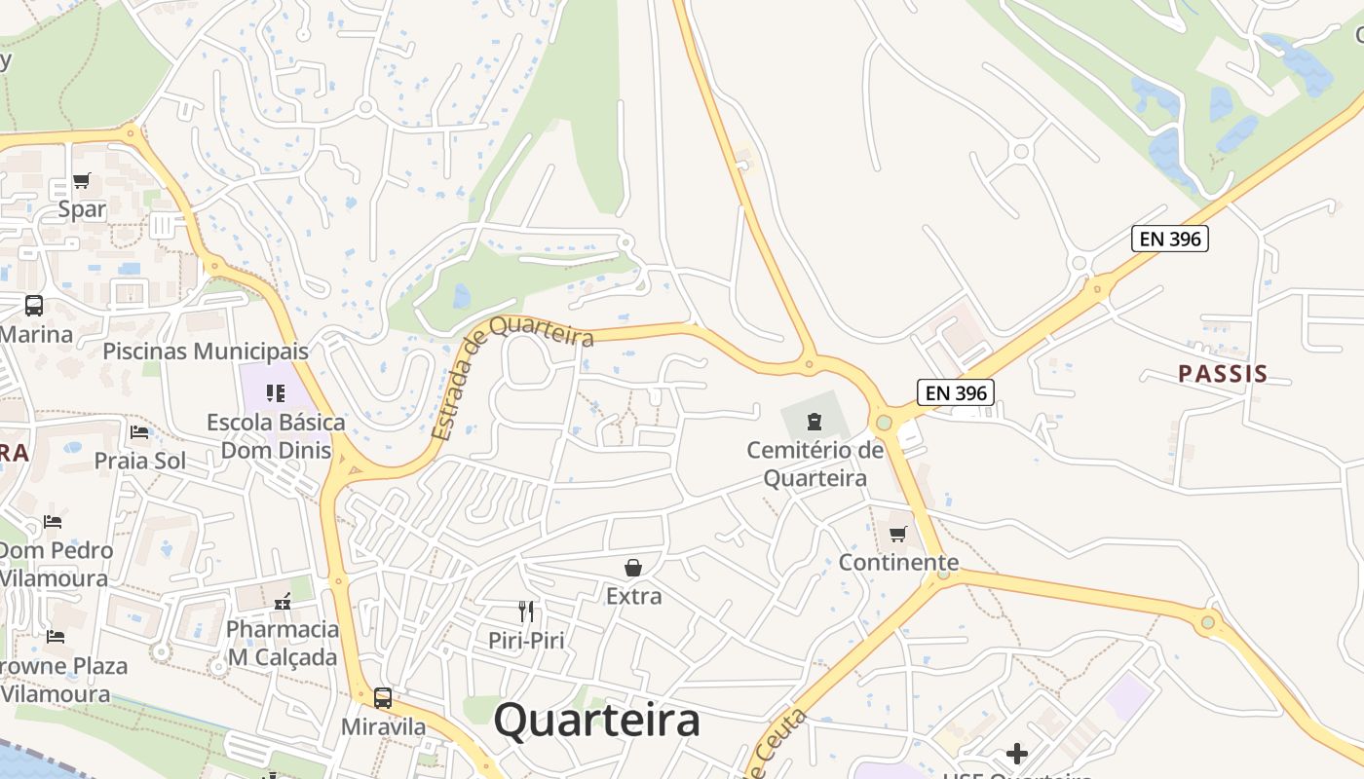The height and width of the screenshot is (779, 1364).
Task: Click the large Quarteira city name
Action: tap(596, 722)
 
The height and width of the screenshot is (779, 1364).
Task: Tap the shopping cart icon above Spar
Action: tap(82, 181)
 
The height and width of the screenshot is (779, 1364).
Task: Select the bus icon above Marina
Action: tap(34, 306)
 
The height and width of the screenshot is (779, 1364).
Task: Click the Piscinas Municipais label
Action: tap(206, 352)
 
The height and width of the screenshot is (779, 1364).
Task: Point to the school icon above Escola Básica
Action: tap(276, 393)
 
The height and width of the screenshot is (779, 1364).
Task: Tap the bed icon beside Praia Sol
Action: tap(139, 432)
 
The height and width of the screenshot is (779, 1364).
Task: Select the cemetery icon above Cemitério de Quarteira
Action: tap(814, 422)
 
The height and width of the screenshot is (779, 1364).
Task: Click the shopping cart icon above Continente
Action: tap(898, 534)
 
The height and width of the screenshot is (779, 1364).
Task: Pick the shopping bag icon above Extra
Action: tap(633, 567)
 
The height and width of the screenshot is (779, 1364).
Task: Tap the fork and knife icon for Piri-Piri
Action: tap(526, 612)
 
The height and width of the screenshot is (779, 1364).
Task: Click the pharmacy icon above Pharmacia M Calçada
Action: tap(283, 601)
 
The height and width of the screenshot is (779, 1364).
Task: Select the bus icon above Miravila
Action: tap(383, 697)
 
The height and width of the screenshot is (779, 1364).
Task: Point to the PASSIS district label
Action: tap(1223, 374)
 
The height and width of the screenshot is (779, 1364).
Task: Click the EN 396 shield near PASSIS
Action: tap(1169, 239)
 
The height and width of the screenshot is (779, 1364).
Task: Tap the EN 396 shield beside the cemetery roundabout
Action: tap(955, 393)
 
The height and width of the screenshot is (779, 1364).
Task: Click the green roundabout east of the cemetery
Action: tap(884, 423)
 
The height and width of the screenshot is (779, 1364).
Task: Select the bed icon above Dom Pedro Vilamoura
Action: tap(53, 522)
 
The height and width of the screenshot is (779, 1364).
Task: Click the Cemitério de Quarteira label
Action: tap(815, 464)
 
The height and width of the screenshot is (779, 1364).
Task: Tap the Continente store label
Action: tap(898, 563)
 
